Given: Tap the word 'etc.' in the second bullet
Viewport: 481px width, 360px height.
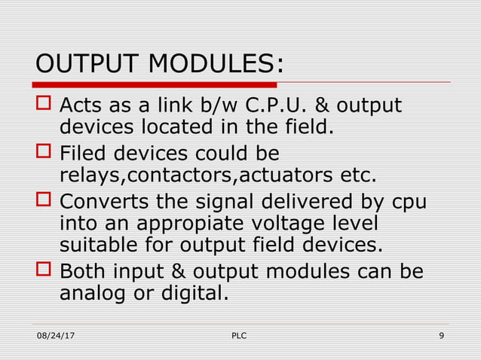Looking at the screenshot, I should point(351,175).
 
